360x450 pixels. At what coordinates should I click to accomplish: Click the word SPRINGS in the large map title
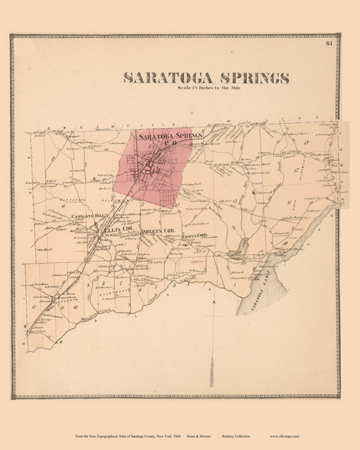tap(249, 78)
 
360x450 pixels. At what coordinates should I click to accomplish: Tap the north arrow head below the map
tap(214, 301)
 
